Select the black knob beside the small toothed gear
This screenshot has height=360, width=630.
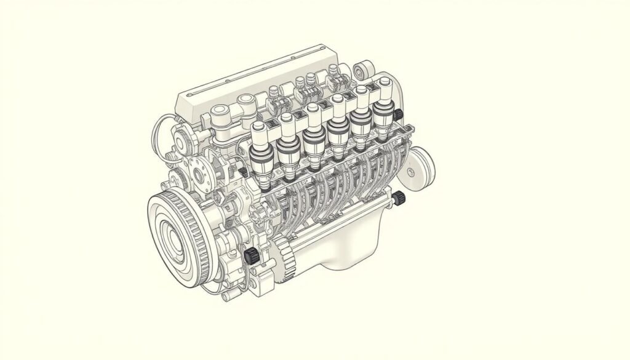250,256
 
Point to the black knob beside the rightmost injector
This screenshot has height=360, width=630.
397,115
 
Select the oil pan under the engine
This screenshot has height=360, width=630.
345,246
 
